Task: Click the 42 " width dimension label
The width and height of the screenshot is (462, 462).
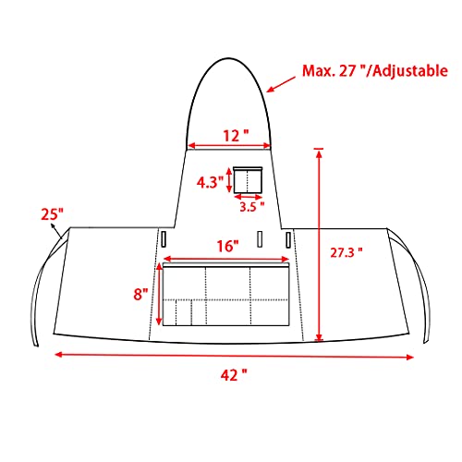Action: pos(233,374)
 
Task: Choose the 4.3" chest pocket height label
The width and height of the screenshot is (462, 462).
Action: pos(209,182)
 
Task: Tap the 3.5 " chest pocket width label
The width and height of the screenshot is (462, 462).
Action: pos(248,207)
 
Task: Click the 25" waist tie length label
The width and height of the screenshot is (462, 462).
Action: pos(52,214)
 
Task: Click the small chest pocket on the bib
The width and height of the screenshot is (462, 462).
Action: pos(248,179)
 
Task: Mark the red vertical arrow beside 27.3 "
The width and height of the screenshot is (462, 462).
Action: pos(319,245)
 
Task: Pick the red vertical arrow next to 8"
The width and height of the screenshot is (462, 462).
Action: pos(159,295)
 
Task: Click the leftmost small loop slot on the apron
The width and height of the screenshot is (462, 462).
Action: pos(164,238)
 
